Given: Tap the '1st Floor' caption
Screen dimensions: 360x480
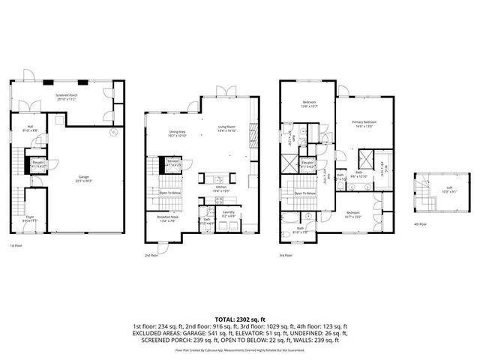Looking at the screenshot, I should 16,245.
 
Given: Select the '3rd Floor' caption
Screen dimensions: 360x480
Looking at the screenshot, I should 286,255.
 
